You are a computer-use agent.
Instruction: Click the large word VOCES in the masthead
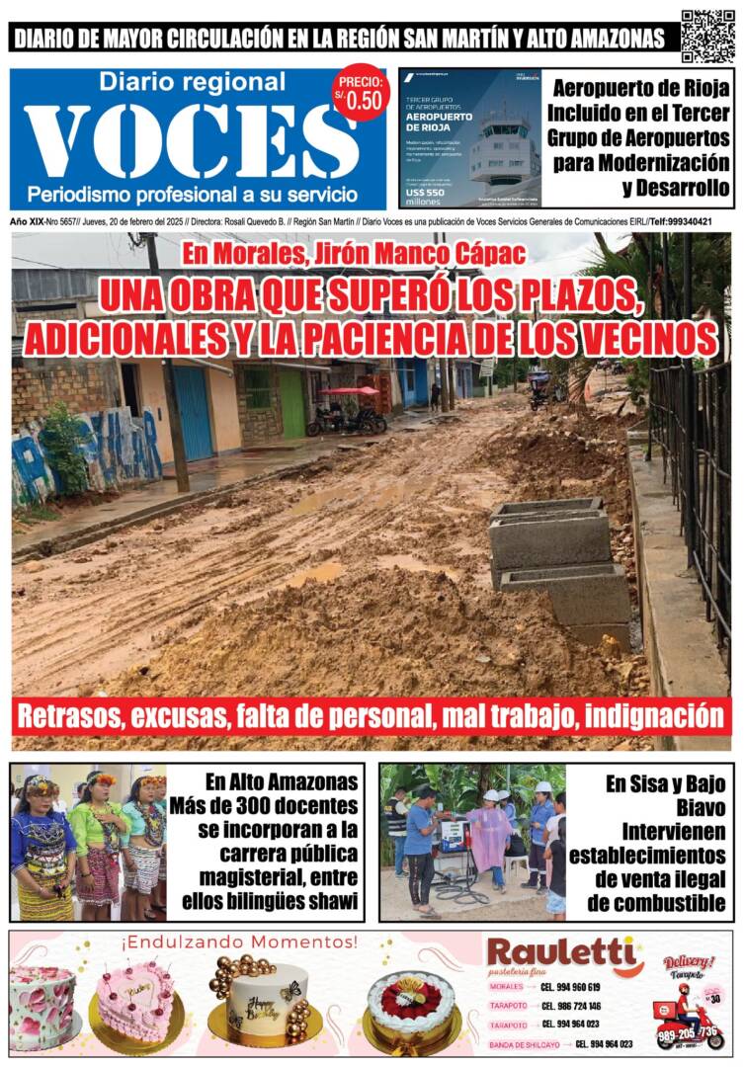(193, 139)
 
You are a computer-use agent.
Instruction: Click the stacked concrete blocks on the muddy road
(558, 558)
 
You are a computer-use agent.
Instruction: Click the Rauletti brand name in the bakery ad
(562, 953)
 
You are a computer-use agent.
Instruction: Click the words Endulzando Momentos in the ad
(239, 943)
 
